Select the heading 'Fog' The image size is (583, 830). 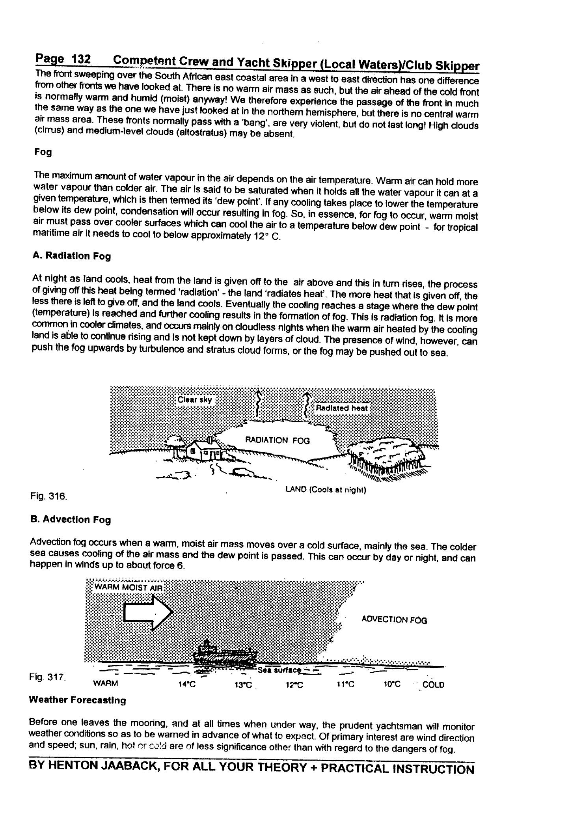click(43, 152)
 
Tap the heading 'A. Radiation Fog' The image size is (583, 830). click(72, 256)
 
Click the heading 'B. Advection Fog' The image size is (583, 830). click(71, 519)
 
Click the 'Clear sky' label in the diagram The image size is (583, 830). click(195, 400)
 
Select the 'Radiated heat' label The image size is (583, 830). click(342, 408)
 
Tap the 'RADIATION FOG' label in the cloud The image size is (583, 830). click(278, 440)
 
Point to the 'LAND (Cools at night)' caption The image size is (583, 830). click(326, 490)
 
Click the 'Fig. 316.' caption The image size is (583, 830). click(48, 496)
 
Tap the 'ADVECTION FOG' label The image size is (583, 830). click(394, 620)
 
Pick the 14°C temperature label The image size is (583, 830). click(187, 685)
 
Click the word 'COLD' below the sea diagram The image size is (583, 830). click(433, 685)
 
